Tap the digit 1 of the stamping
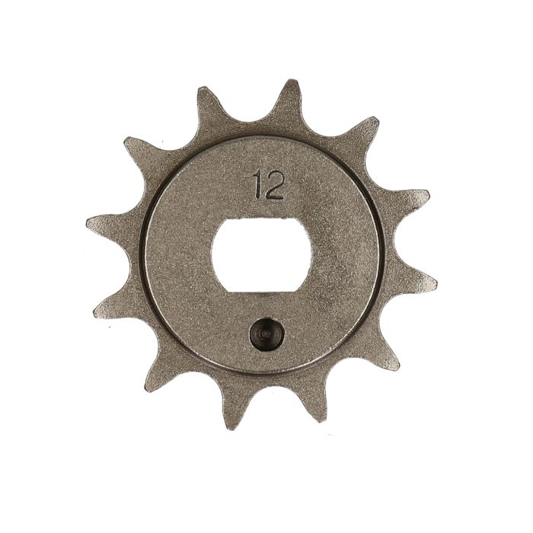260,186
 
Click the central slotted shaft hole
263,255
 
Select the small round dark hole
266,334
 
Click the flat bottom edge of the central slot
263,291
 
